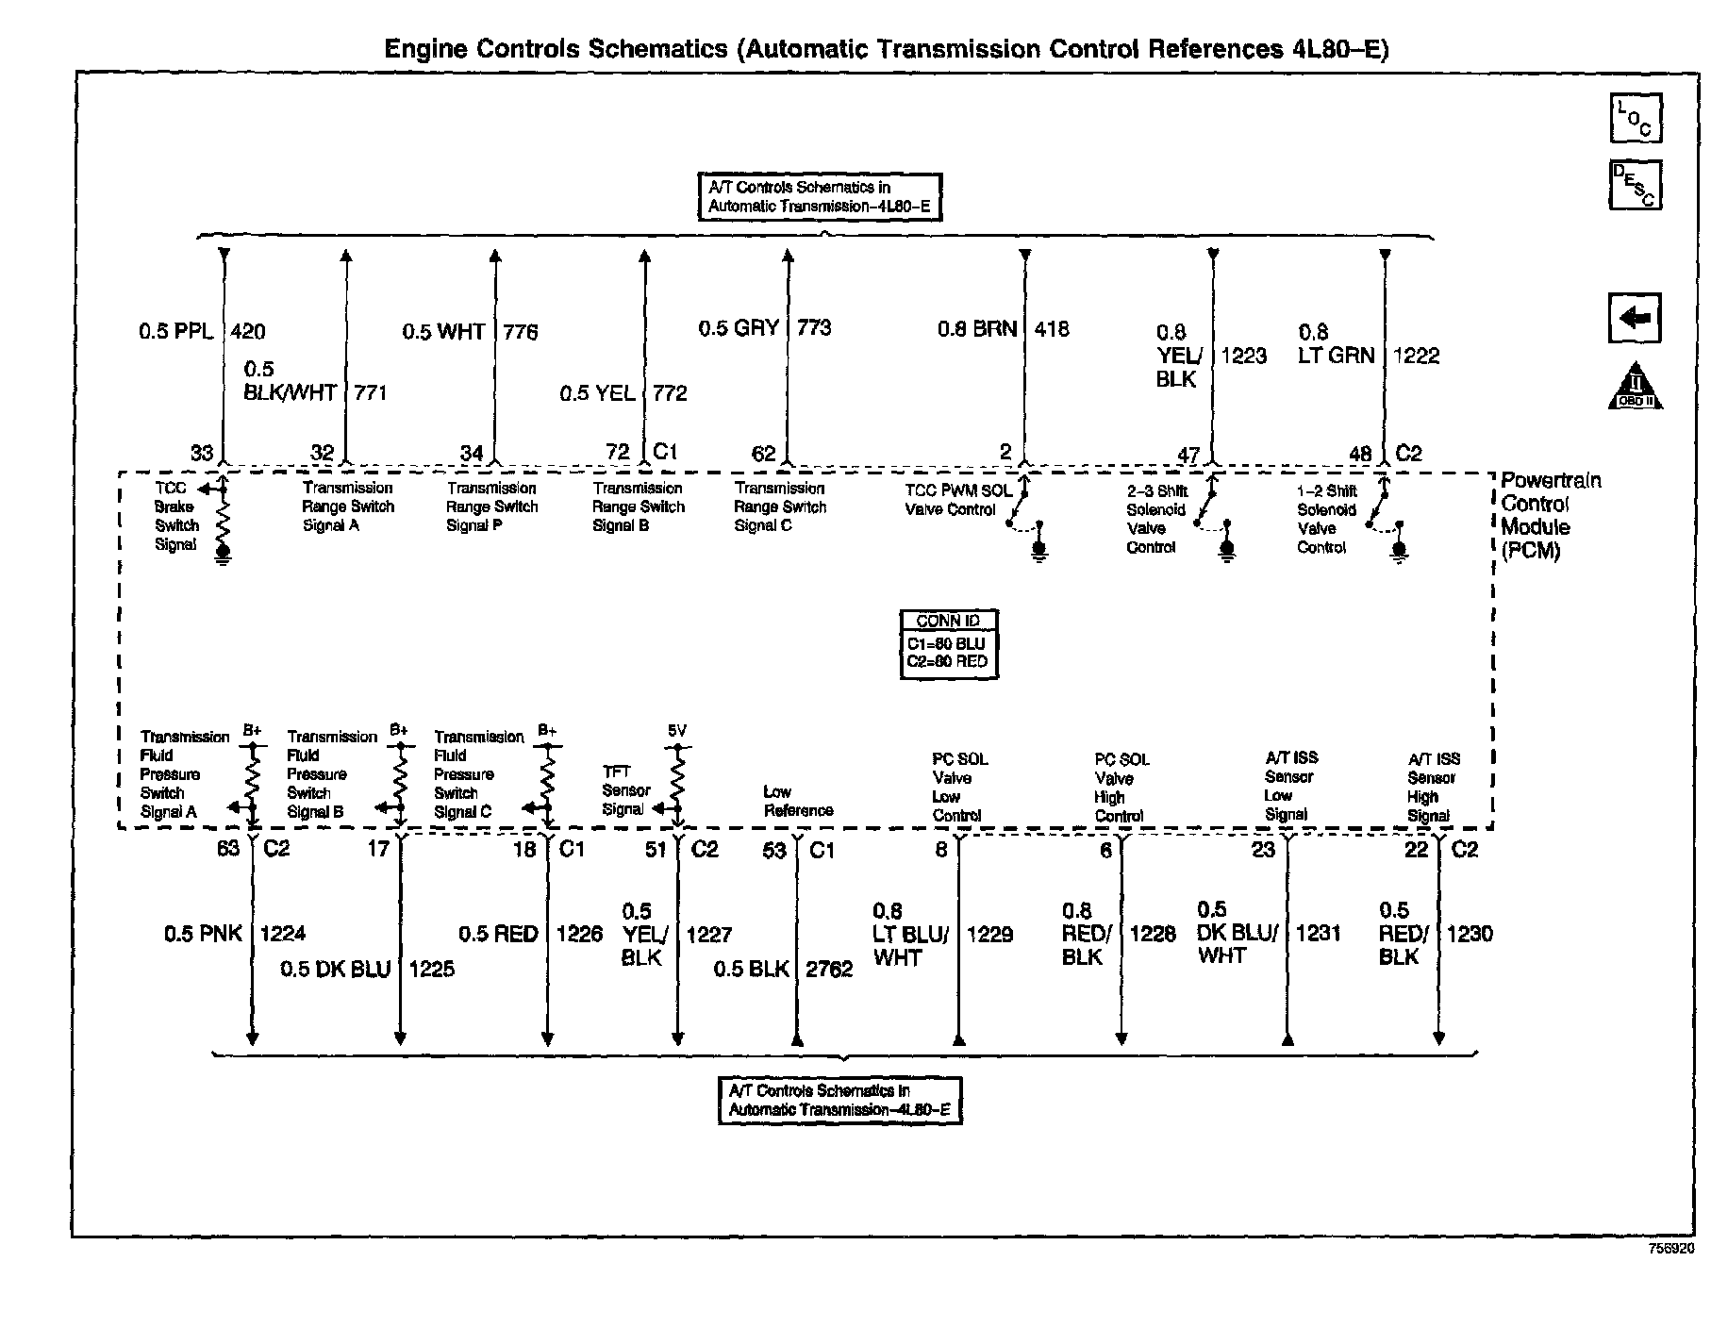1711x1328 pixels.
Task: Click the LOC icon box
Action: tap(1635, 118)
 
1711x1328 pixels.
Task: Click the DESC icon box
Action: tap(1635, 185)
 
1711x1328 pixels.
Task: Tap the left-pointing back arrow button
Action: tap(1634, 318)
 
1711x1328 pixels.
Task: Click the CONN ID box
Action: tap(948, 644)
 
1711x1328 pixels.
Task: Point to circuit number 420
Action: tap(248, 331)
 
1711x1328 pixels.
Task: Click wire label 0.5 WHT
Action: tap(443, 332)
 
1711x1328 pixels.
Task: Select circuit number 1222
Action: tap(1416, 356)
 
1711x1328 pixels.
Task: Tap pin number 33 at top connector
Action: tap(202, 453)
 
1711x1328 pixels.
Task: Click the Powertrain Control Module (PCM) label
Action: tap(1550, 515)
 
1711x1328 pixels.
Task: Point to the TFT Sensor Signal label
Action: tap(625, 790)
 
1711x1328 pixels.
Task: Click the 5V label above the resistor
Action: tap(676, 731)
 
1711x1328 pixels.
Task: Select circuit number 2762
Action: tap(829, 970)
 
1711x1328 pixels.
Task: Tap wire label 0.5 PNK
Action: tap(203, 934)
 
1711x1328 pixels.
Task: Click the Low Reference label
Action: tap(798, 801)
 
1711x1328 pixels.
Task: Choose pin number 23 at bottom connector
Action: tap(1263, 850)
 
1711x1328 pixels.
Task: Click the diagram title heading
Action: tap(886, 49)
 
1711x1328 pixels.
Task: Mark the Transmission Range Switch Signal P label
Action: tap(491, 506)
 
